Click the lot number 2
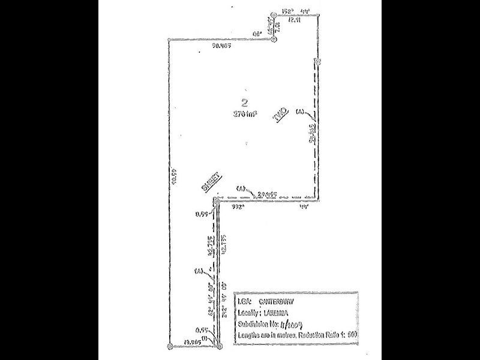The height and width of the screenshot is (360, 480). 244,101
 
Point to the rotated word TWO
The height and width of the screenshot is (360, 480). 281,116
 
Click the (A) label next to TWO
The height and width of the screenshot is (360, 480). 300,110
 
